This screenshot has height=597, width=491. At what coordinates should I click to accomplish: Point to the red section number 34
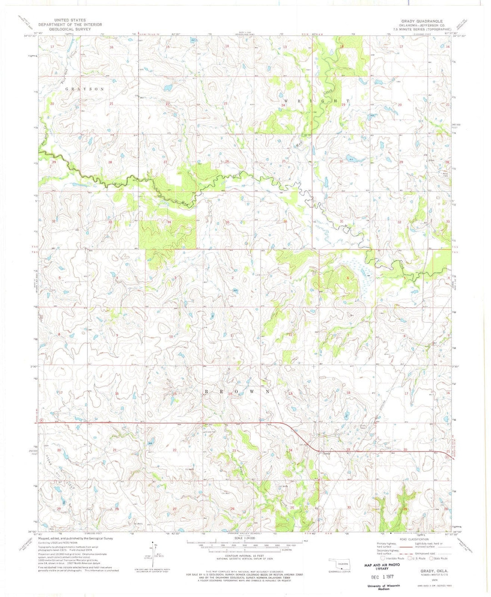click(169, 222)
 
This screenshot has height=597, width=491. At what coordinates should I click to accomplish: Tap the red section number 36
click(285, 221)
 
